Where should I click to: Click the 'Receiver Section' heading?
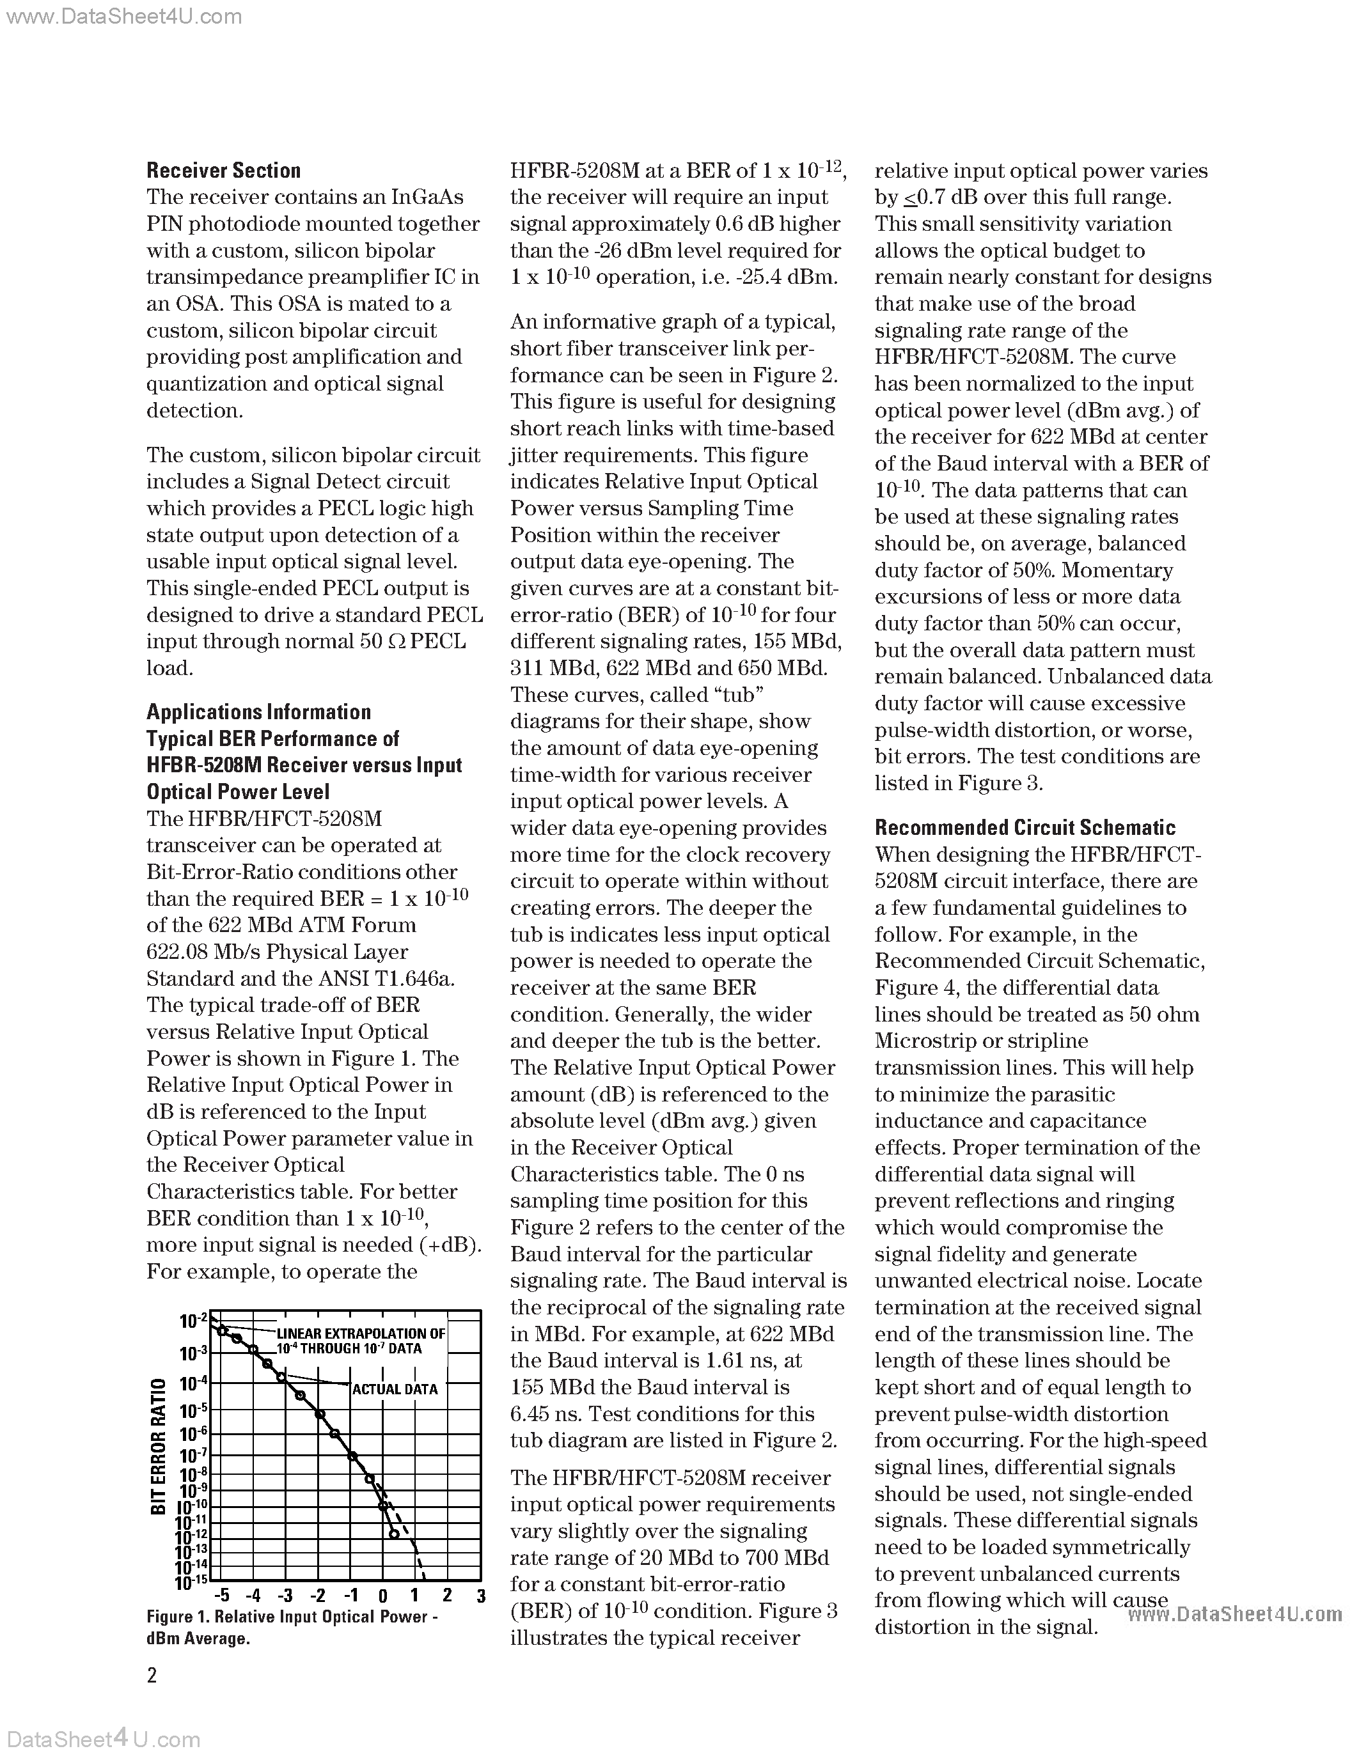pos(223,171)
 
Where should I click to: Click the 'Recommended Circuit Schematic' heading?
pos(1025,827)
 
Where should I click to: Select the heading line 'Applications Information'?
pos(258,712)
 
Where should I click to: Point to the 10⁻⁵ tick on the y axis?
pos(193,1410)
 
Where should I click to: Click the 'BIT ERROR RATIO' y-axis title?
pos(159,1445)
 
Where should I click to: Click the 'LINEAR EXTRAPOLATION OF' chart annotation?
pos(361,1334)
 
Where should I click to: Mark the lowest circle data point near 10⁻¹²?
pos(394,1534)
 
